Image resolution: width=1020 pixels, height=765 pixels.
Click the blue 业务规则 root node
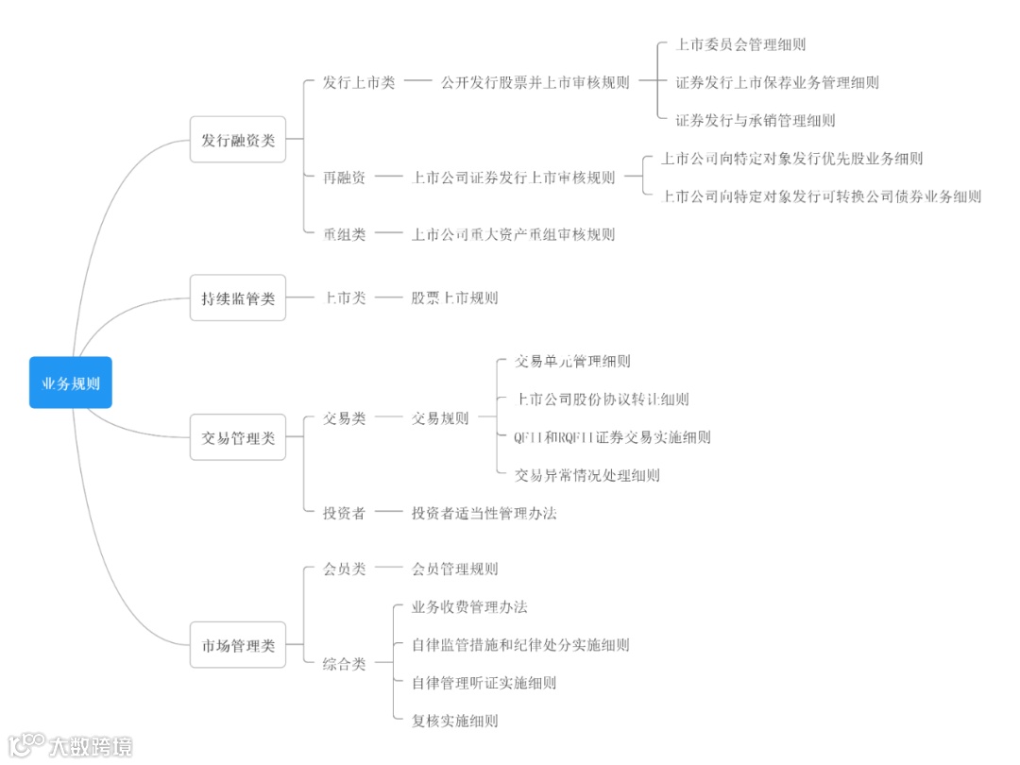(71, 382)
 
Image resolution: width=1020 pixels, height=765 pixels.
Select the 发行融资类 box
(238, 140)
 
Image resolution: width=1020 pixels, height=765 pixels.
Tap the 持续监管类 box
(238, 298)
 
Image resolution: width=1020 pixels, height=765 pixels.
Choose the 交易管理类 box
(238, 437)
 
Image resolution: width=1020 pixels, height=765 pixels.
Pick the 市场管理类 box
(238, 645)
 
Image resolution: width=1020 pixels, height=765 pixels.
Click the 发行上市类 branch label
(359, 83)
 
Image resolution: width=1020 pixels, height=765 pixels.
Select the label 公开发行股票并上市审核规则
(535, 83)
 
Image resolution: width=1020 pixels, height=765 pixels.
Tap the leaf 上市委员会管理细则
(740, 44)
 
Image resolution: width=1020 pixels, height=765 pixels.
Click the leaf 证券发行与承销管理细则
(756, 120)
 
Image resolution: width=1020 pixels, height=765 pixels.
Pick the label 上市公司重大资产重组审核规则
(513, 234)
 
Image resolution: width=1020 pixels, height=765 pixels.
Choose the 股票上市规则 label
(454, 298)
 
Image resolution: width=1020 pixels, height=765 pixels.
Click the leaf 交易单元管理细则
(572, 361)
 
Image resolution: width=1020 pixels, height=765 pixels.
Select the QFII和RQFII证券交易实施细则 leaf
(612, 437)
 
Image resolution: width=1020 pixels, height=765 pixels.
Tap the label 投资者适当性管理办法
(484, 513)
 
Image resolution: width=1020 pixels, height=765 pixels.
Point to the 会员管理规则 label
(454, 569)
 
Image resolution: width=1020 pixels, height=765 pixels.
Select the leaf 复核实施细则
(454, 721)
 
